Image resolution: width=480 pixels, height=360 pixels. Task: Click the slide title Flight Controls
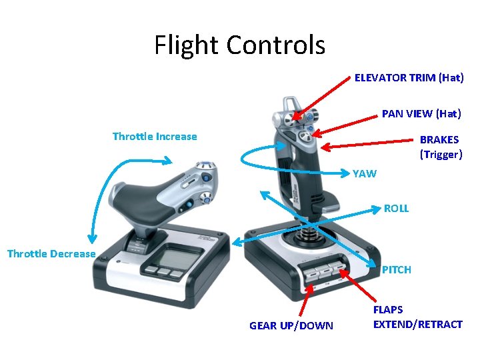(239, 45)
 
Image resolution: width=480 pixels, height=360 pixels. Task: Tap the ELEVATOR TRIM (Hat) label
(409, 78)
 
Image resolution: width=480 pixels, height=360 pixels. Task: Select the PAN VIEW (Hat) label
(421, 114)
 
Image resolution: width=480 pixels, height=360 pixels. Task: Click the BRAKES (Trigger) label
(440, 147)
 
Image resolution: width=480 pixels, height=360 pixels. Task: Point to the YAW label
(365, 174)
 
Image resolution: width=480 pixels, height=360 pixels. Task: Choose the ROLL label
(396, 209)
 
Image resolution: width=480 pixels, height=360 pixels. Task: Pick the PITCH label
(396, 270)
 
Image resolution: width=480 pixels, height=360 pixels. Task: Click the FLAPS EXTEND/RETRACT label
(417, 317)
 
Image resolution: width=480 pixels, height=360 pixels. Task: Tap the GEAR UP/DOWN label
(291, 326)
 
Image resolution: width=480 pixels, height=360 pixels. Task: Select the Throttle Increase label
(155, 137)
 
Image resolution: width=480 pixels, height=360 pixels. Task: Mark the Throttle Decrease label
(51, 254)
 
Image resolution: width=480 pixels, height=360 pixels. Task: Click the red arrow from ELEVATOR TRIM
(323, 97)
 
